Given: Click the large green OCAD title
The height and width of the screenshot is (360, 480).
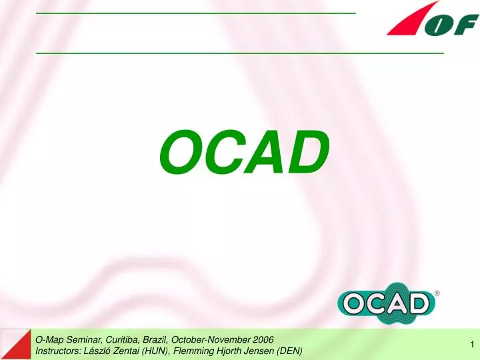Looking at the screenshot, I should click(x=244, y=151).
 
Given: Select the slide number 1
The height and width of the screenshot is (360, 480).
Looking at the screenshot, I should click(x=471, y=344).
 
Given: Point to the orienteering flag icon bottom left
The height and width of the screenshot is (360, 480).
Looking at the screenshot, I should click(x=15, y=344).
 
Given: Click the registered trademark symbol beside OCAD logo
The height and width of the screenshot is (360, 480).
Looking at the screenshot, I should click(x=437, y=293).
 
